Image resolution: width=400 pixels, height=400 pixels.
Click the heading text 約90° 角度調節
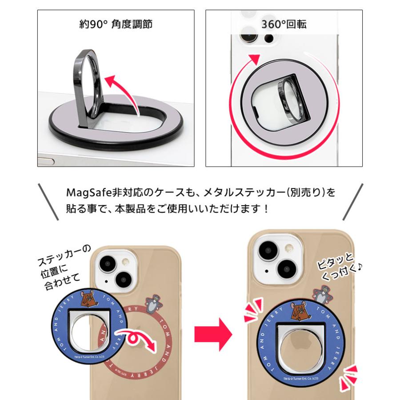(115, 24)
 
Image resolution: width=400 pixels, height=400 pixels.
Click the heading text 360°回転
(284, 24)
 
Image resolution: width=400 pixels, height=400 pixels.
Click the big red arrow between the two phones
(213, 334)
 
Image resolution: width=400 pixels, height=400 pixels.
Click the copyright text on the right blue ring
(296, 378)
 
